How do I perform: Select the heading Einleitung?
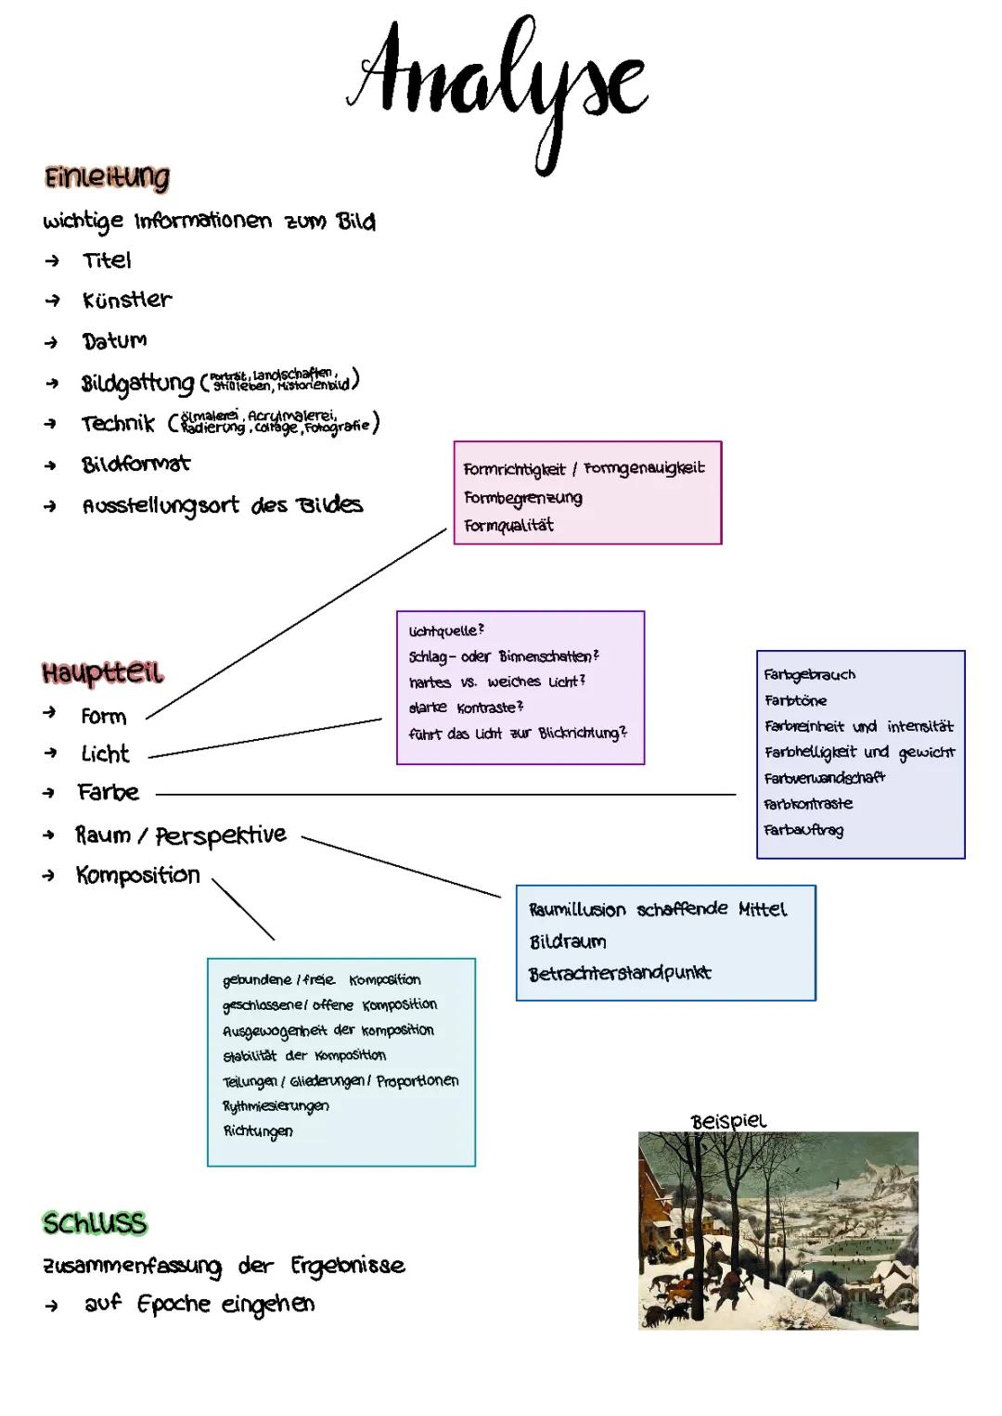(107, 177)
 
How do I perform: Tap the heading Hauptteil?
(103, 672)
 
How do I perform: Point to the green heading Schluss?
(95, 1223)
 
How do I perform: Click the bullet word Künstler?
(127, 300)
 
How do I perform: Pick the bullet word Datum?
(114, 340)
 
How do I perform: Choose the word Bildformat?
(135, 464)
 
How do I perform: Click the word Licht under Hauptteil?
(105, 754)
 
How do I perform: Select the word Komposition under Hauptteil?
(137, 874)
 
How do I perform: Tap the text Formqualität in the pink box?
(508, 526)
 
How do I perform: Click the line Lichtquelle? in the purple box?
(446, 631)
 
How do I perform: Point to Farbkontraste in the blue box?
(808, 804)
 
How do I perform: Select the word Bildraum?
(568, 942)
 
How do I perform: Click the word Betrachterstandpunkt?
(620, 974)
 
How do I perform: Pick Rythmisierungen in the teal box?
(276, 1105)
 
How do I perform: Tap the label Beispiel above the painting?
(729, 1120)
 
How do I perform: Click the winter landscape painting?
(777, 1231)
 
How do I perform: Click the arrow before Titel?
(52, 262)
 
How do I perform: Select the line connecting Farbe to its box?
(445, 794)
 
